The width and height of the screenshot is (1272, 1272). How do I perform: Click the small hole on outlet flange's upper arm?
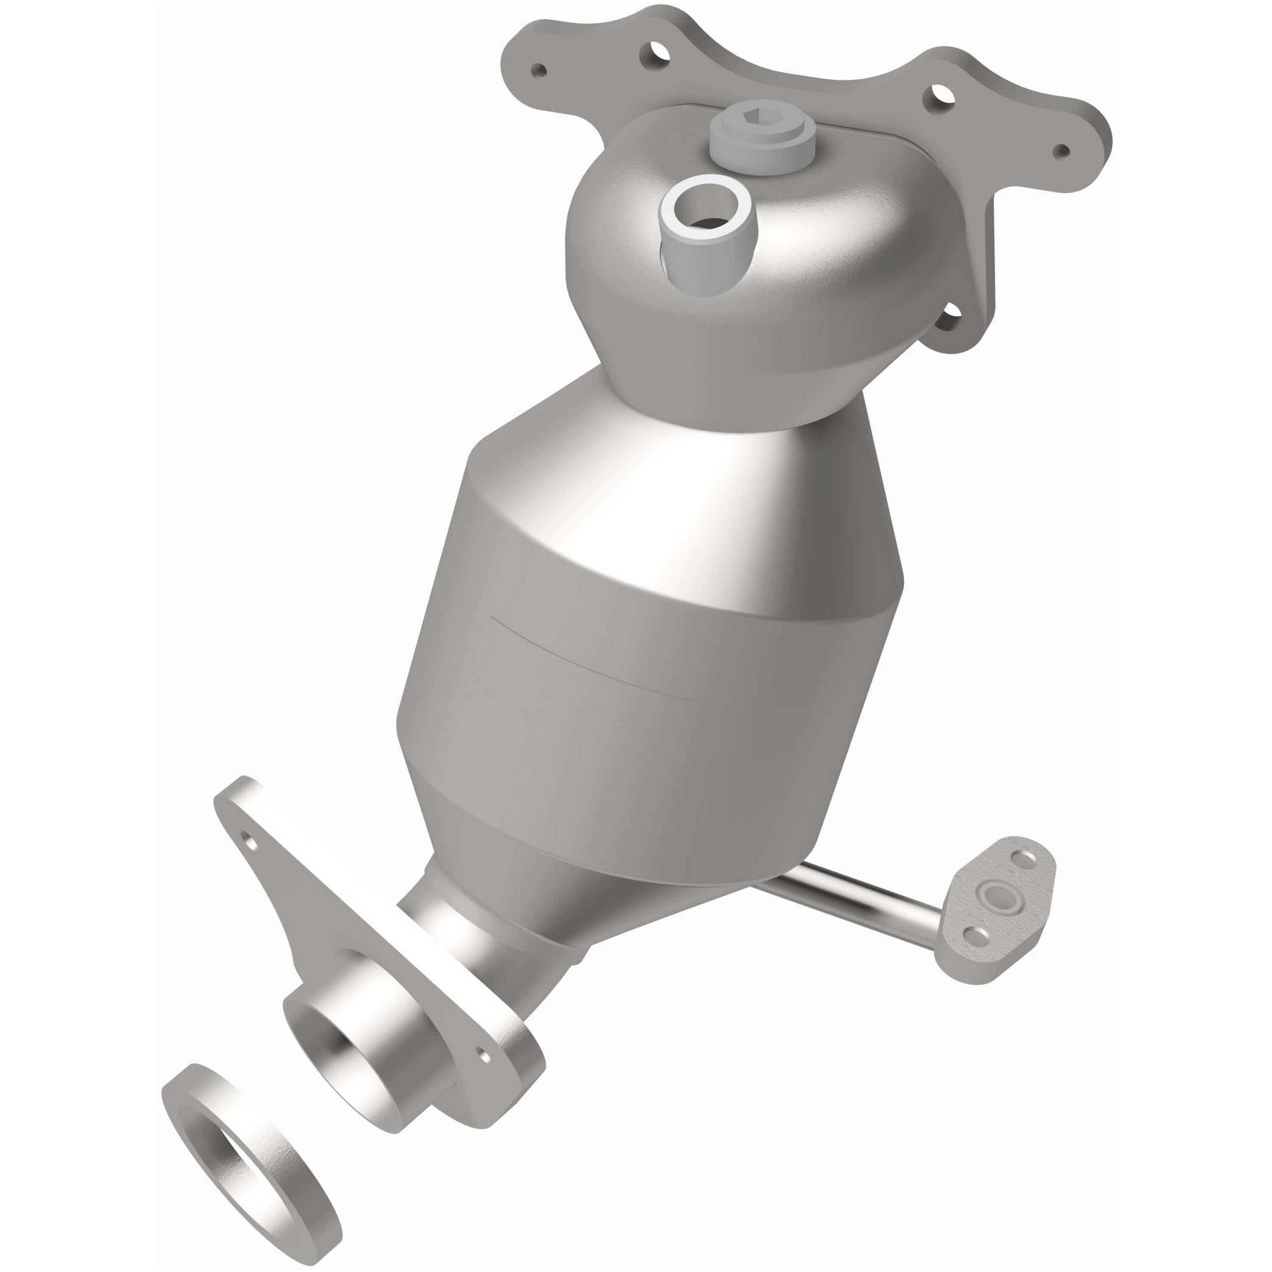[248, 841]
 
